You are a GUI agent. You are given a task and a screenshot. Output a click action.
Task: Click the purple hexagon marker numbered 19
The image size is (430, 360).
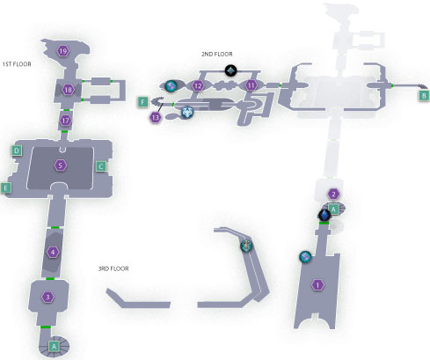pyautogui.click(x=62, y=51)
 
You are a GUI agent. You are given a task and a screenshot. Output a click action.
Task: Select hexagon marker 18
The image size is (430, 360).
pyautogui.click(x=68, y=90)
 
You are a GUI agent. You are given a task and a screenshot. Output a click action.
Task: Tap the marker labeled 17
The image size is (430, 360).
pyautogui.click(x=65, y=121)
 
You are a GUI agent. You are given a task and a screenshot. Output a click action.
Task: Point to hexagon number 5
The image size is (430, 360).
pyautogui.click(x=60, y=165)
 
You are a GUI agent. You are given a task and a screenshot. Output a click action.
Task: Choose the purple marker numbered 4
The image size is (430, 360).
pyautogui.click(x=53, y=252)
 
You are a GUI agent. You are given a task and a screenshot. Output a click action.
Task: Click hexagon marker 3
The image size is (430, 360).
pyautogui.click(x=48, y=298)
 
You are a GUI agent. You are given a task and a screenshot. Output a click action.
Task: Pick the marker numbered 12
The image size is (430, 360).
pyautogui.click(x=198, y=86)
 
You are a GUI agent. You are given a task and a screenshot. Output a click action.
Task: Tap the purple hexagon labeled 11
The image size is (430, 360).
pyautogui.click(x=251, y=85)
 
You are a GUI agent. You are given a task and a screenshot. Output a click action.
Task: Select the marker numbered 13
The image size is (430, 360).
pyautogui.click(x=156, y=118)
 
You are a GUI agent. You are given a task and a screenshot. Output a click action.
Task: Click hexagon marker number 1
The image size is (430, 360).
pyautogui.click(x=317, y=285)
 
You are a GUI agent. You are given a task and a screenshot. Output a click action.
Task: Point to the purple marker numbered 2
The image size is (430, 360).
pyautogui.click(x=333, y=194)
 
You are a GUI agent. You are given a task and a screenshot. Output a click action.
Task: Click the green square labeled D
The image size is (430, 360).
pyautogui.click(x=17, y=151)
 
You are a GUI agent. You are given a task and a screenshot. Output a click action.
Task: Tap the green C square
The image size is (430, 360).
pyautogui.click(x=101, y=166)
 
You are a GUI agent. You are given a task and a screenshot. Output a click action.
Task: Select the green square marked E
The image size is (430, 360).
pyautogui.click(x=5, y=187)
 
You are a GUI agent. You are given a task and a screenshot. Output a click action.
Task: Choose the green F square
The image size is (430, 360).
pyautogui.click(x=142, y=102)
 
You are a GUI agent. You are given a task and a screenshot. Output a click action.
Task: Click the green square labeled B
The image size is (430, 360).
pyautogui.click(x=424, y=96)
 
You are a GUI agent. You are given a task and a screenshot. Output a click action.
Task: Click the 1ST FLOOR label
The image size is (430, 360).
pyautogui.click(x=17, y=64)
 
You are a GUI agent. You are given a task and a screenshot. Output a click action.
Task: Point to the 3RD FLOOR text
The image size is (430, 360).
pyautogui.click(x=113, y=268)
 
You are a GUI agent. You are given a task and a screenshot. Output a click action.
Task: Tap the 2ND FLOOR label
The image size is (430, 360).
pyautogui.click(x=217, y=54)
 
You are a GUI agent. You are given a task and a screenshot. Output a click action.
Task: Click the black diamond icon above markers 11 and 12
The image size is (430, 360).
pyautogui.click(x=230, y=70)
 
